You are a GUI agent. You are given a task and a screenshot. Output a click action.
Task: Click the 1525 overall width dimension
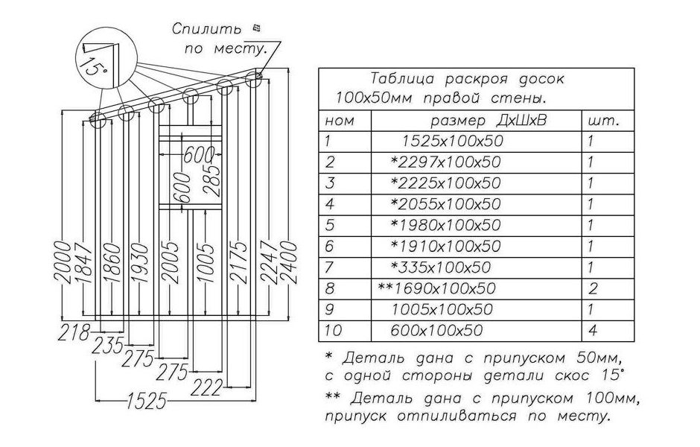147,401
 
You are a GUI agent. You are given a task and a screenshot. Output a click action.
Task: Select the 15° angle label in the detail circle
95,68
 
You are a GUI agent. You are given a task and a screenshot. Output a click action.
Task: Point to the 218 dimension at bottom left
74,333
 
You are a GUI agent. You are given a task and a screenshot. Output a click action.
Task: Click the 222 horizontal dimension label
206,387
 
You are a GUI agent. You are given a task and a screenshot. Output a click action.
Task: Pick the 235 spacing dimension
108,346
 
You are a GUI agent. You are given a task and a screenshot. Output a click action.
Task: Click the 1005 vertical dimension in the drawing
206,262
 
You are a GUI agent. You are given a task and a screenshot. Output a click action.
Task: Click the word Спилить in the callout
207,30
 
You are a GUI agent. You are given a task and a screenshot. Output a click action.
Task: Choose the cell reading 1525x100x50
452,141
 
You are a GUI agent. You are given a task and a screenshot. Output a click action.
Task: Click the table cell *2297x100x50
445,162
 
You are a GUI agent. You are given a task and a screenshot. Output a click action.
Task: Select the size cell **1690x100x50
436,288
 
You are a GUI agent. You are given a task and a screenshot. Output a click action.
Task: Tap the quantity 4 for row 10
593,331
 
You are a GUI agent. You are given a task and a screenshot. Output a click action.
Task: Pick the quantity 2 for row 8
593,288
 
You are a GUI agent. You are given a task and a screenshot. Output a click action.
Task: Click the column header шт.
604,121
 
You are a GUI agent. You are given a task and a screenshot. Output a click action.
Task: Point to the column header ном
340,121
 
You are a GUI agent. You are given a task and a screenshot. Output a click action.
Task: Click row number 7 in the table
329,267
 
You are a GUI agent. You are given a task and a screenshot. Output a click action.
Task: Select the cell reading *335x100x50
441,267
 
